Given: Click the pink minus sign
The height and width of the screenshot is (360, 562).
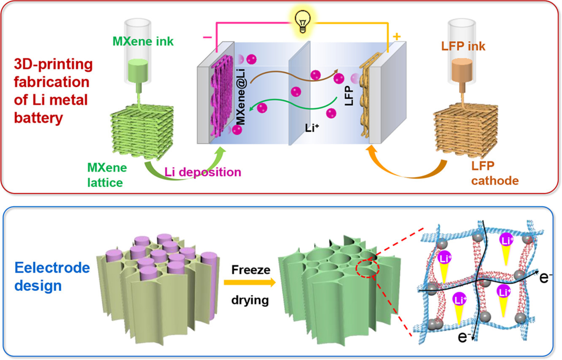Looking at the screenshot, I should coord(207,37).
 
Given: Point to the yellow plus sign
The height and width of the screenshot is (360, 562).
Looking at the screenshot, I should coord(396,37).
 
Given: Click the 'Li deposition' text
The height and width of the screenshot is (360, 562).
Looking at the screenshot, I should coord(203,172).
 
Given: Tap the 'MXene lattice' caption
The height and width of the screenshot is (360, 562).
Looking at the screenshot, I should coord(107,175).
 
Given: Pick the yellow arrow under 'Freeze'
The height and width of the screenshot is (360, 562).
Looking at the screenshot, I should coord(250,285).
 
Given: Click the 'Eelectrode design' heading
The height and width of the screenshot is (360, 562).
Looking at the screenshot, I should coord(52,277).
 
